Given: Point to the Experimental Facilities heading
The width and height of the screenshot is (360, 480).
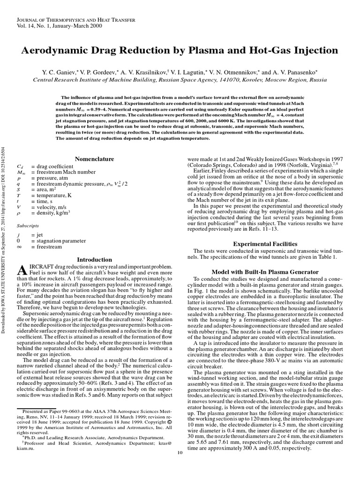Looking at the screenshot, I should coord(265,244).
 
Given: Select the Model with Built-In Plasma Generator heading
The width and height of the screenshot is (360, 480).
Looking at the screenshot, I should coord(265,272).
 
